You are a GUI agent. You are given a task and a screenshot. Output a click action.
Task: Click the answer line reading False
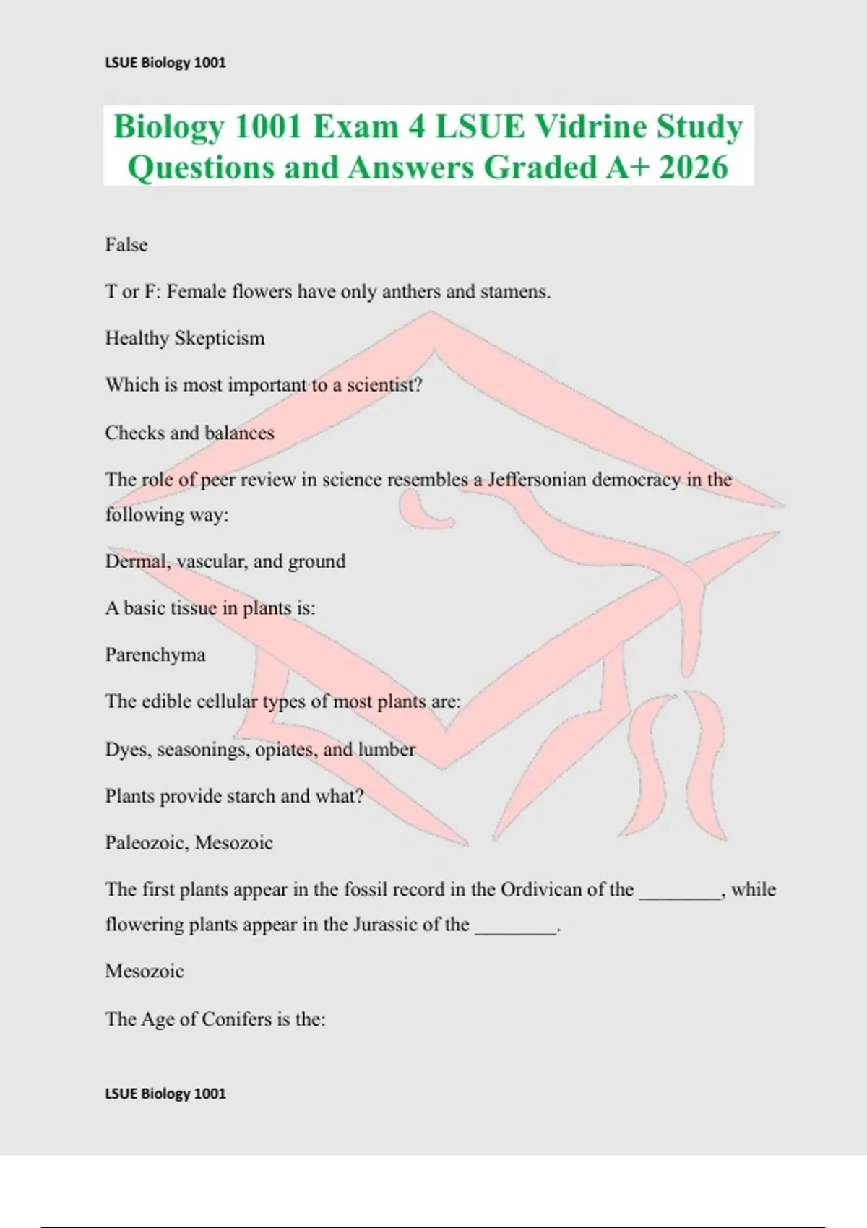point(126,245)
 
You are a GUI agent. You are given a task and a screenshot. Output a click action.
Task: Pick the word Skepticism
point(220,338)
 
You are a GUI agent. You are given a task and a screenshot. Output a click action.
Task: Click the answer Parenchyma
point(155,654)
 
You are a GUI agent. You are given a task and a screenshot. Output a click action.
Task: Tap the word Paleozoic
point(146,843)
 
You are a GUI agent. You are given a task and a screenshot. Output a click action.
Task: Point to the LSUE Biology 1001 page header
point(165,63)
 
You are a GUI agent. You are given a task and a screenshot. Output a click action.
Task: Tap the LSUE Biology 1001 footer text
point(165,1094)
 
